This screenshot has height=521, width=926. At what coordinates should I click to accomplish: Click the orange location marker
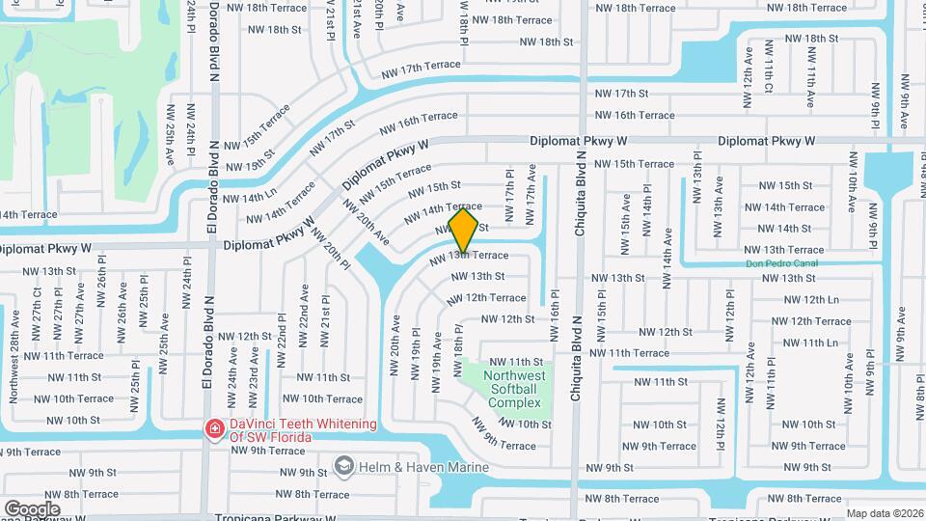[x=464, y=230]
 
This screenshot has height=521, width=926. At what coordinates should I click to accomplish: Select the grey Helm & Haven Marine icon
[x=342, y=467]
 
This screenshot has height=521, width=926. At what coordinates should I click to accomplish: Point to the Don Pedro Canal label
[x=781, y=263]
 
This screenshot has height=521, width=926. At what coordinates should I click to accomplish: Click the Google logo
[x=32, y=508]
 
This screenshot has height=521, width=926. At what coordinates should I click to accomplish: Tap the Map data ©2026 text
[x=885, y=513]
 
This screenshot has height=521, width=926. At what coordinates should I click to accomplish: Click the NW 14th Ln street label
[x=250, y=196]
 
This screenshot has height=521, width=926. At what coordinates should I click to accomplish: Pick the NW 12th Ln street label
[x=807, y=300]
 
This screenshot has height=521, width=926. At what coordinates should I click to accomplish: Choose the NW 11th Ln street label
[x=810, y=343]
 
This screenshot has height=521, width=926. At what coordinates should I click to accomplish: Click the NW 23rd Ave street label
[x=254, y=388]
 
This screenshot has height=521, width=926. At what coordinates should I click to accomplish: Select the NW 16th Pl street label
[x=555, y=315]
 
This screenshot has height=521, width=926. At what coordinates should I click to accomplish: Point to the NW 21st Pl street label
[x=327, y=315]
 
